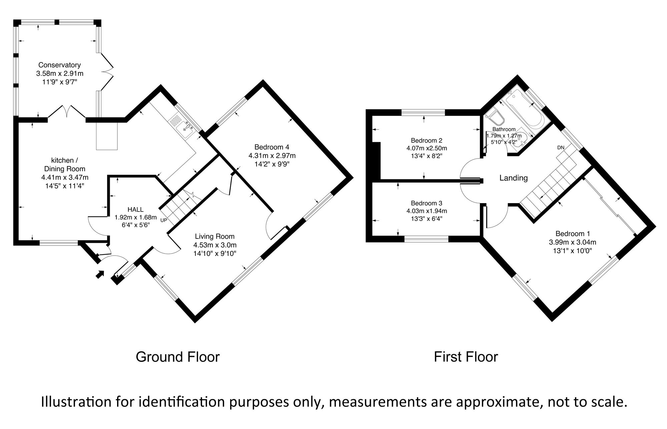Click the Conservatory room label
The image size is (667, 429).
point(59,65)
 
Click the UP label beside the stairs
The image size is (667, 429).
point(164,220)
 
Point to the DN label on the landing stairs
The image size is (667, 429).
point(561,147)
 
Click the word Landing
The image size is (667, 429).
point(513,178)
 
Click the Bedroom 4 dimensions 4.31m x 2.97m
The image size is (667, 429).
point(272,155)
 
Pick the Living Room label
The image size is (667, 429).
point(214,237)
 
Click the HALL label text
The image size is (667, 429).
point(135,209)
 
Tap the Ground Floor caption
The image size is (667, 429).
point(177,357)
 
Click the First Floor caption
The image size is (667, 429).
point(466,357)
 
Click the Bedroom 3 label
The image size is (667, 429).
point(426,203)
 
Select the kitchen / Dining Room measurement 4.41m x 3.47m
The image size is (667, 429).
point(65,177)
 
